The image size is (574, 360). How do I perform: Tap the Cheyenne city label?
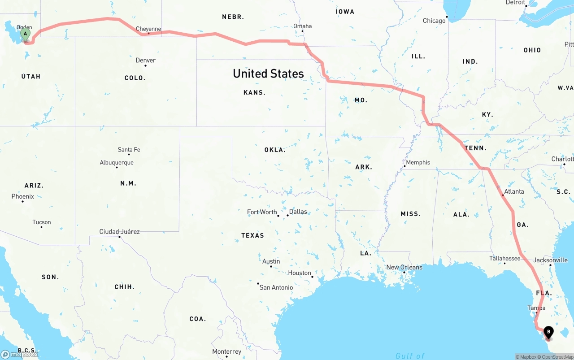(148, 29)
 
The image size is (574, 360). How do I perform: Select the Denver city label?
(146, 61)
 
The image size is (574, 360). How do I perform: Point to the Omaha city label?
(303, 26)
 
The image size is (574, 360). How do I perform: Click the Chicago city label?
(434, 21)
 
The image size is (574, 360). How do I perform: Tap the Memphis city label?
(418, 162)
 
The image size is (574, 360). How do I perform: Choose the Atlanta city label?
(514, 191)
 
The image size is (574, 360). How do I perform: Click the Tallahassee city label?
(505, 258)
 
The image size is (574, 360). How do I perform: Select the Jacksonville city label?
(551, 260)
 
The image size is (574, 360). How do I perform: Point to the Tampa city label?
(536, 308)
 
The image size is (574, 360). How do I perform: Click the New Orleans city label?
(404, 267)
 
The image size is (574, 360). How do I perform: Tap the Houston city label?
(300, 273)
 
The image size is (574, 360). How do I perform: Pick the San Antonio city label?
(276, 287)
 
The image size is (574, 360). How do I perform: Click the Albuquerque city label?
(117, 162)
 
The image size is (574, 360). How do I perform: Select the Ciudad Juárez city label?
(120, 232)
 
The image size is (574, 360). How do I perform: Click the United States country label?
(268, 74)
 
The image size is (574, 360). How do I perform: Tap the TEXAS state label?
(252, 235)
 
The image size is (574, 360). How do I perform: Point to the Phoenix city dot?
(22, 201)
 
